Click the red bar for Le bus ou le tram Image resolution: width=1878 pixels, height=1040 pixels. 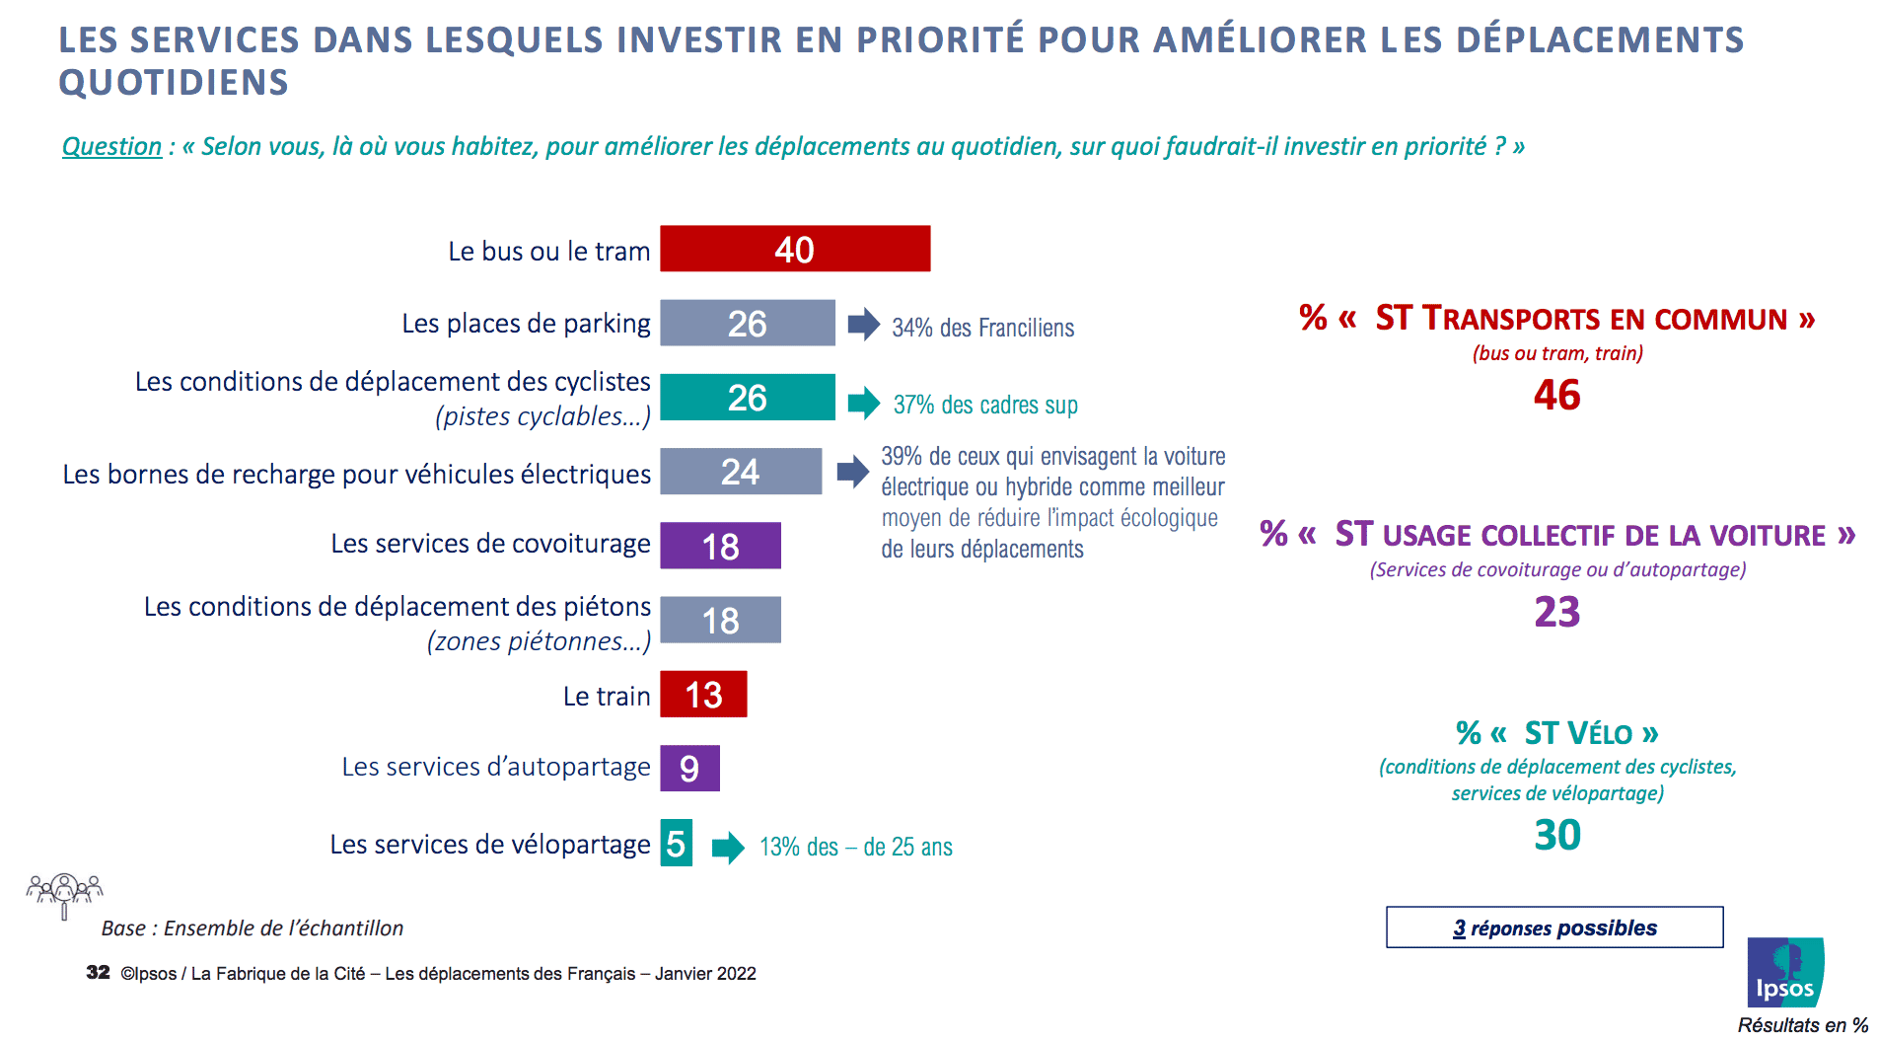pos(795,249)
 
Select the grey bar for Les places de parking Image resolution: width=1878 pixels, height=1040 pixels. pos(747,323)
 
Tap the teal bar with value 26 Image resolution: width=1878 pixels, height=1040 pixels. pos(747,397)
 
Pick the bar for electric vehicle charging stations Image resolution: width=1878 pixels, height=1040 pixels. pos(740,471)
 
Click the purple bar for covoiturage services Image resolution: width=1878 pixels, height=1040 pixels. pos(720,546)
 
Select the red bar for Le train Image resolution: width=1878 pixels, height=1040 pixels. pos(703,694)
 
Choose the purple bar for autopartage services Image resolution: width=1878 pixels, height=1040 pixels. pos(689,768)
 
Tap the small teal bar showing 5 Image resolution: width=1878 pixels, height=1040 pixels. pos(676,843)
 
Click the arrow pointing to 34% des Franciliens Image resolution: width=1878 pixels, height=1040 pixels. pos(864,324)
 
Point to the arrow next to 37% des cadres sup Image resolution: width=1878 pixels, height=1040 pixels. pos(864,402)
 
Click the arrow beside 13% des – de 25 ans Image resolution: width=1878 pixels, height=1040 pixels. pos(728,847)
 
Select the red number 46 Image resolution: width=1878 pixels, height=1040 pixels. pos(1556,395)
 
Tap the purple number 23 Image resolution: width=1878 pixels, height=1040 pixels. pos(1556,612)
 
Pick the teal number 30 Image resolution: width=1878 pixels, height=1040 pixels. pos(1556,835)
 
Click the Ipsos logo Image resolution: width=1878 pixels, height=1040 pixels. pos(1785,972)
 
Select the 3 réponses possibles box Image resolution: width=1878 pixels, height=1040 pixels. pos(1554,928)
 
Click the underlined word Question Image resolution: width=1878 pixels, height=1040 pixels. pos(111,146)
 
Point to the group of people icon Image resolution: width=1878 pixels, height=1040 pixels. pos(65,892)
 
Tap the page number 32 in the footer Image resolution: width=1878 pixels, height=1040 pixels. pos(98,972)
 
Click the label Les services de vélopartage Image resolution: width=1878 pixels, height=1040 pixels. pos(490,844)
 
